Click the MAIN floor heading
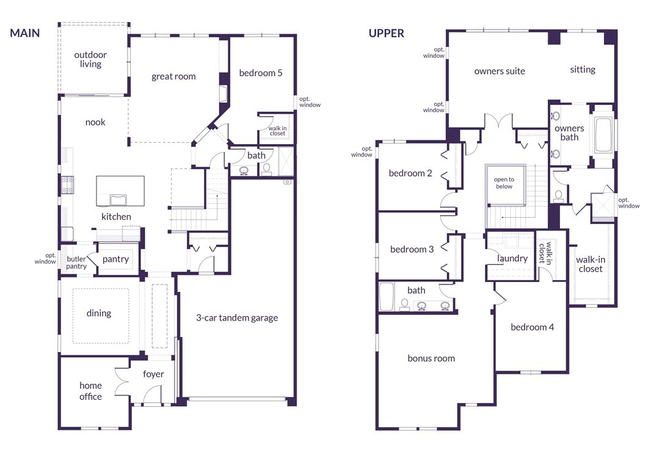coord(25,33)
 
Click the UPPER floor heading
coord(386,33)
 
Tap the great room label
coord(173,76)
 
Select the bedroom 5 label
coord(261,73)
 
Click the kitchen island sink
coord(118,200)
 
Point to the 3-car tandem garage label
coord(237,318)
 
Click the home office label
coord(90,391)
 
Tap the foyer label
coord(153,374)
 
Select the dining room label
coord(99,313)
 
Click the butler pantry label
coord(76,263)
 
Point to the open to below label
coord(504,183)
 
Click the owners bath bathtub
coord(603,136)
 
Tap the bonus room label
coord(431,358)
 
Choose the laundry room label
coord(512,259)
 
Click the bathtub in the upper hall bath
coord(386,296)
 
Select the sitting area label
coord(583,70)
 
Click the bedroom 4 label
coord(533,327)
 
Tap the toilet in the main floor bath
coord(266,169)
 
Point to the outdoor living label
coord(90,59)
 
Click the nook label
coord(95,122)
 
